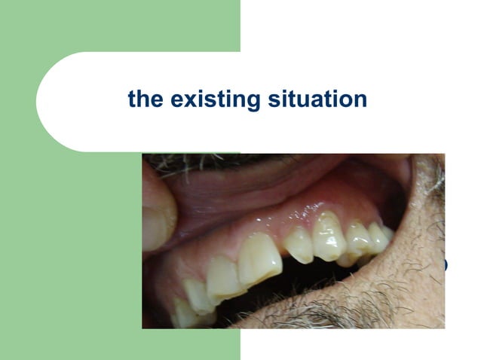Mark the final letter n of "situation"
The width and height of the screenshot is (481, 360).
tap(360, 99)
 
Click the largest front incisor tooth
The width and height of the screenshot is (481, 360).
tap(259, 258)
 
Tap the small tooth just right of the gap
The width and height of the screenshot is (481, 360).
tap(299, 246)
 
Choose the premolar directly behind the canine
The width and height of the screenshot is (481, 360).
tap(357, 239)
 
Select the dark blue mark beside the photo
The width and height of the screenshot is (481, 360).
tap(445, 264)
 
